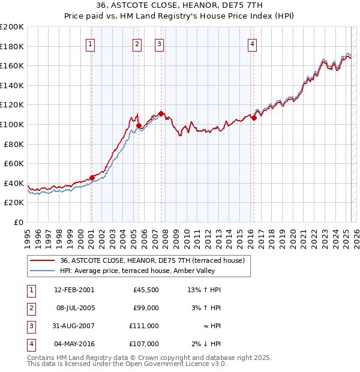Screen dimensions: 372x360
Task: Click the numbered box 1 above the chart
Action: click(90, 43)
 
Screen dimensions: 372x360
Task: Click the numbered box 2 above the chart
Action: click(137, 43)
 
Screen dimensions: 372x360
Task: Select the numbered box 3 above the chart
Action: click(160, 43)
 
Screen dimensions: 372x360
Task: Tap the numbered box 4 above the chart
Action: click(252, 43)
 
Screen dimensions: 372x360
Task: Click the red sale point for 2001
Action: click(92, 178)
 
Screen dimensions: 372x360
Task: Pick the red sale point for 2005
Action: click(139, 125)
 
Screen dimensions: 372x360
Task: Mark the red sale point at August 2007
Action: click(161, 113)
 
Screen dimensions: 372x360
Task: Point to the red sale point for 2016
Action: click(254, 118)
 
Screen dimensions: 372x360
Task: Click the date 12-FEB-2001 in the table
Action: click(74, 290)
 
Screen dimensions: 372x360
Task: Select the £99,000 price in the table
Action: click(146, 308)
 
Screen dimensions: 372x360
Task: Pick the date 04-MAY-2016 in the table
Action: click(74, 344)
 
